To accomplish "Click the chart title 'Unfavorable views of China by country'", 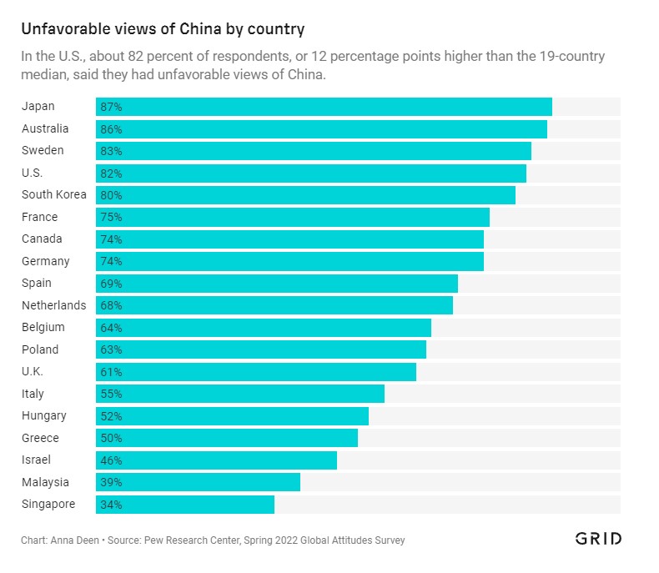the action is (163, 29).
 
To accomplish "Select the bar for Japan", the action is (324, 107).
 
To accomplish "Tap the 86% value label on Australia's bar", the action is (111, 129).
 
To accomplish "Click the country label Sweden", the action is (43, 150).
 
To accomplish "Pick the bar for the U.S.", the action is (311, 173).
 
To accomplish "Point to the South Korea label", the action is (53, 194).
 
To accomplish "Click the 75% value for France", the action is (111, 217).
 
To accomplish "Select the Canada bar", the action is (289, 239).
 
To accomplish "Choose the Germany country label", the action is (45, 261).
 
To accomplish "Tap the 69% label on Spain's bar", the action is (111, 284).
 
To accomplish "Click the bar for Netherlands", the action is (274, 305).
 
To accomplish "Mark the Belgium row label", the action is (43, 327).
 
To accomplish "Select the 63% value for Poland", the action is (111, 349).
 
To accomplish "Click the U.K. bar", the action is (256, 372).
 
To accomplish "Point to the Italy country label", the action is (33, 394).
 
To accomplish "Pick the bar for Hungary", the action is (232, 416).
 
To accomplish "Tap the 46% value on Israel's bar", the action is (111, 460).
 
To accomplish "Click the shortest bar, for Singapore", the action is (185, 504).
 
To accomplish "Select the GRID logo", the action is (598, 539).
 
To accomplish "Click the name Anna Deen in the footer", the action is (75, 540).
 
